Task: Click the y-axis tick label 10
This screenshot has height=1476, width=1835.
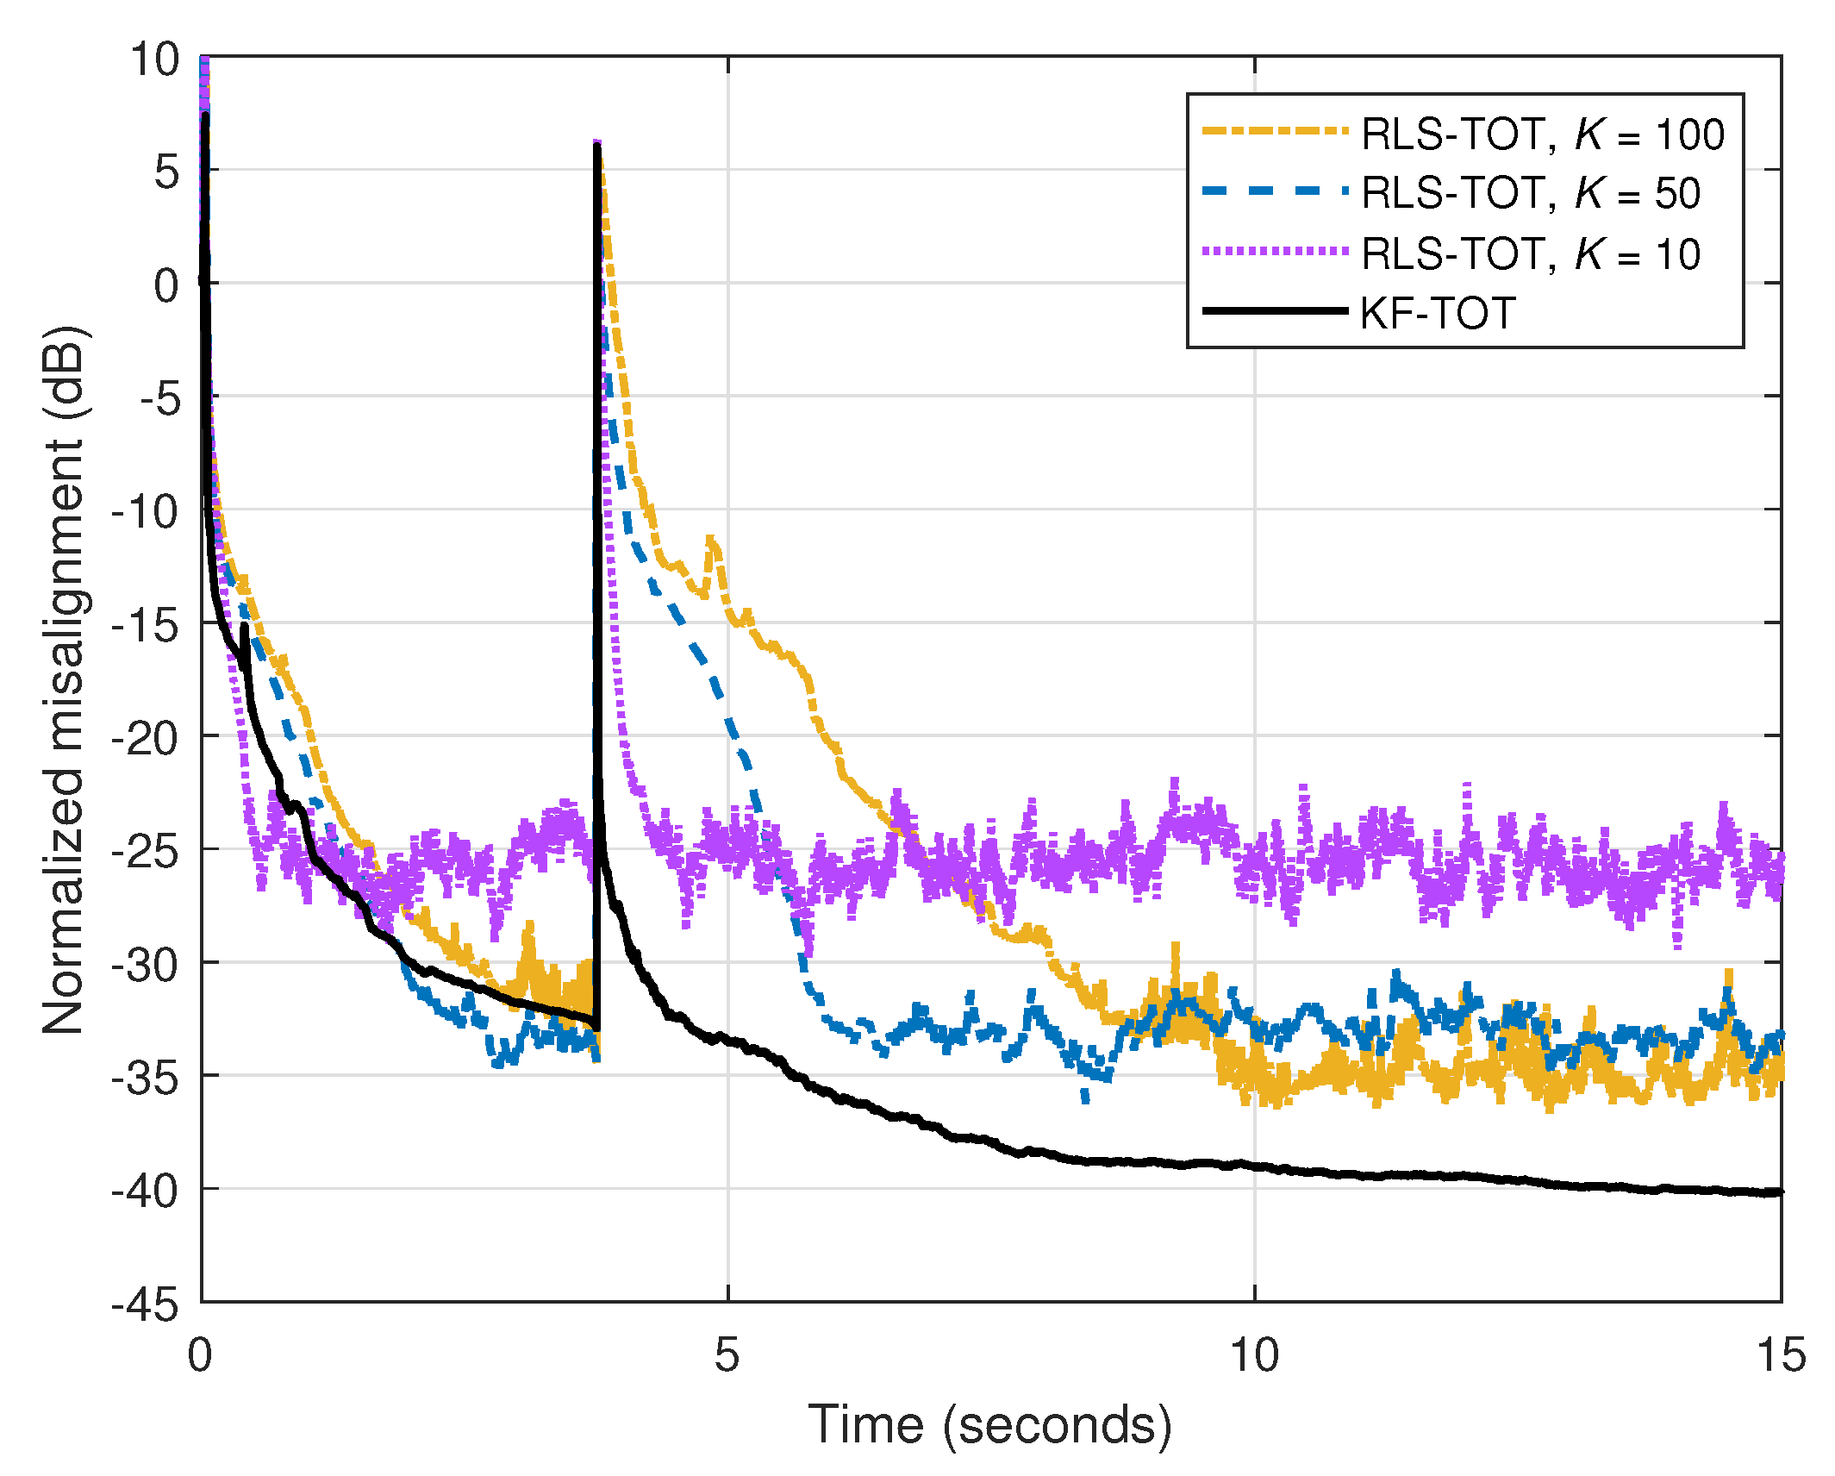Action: (x=154, y=60)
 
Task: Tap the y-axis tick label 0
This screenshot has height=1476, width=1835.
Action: (x=166, y=285)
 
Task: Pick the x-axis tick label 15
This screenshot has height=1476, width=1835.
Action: (x=1781, y=1354)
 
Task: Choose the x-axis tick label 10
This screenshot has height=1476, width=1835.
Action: (x=1254, y=1354)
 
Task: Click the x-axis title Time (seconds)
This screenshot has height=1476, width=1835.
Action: (x=989, y=1424)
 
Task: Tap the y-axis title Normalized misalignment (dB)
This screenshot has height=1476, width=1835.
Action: (x=64, y=679)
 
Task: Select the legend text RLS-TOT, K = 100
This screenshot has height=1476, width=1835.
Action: (x=1542, y=134)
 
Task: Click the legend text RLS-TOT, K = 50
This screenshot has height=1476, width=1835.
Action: (x=1530, y=192)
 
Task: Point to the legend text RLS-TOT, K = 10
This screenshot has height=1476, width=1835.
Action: (x=1530, y=253)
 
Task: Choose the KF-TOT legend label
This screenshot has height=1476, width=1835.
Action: (x=1437, y=312)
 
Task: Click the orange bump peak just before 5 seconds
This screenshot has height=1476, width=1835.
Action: (x=711, y=539)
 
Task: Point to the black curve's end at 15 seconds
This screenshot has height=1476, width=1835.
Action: (x=1779, y=1192)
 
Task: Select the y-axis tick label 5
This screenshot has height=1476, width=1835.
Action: (x=166, y=172)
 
